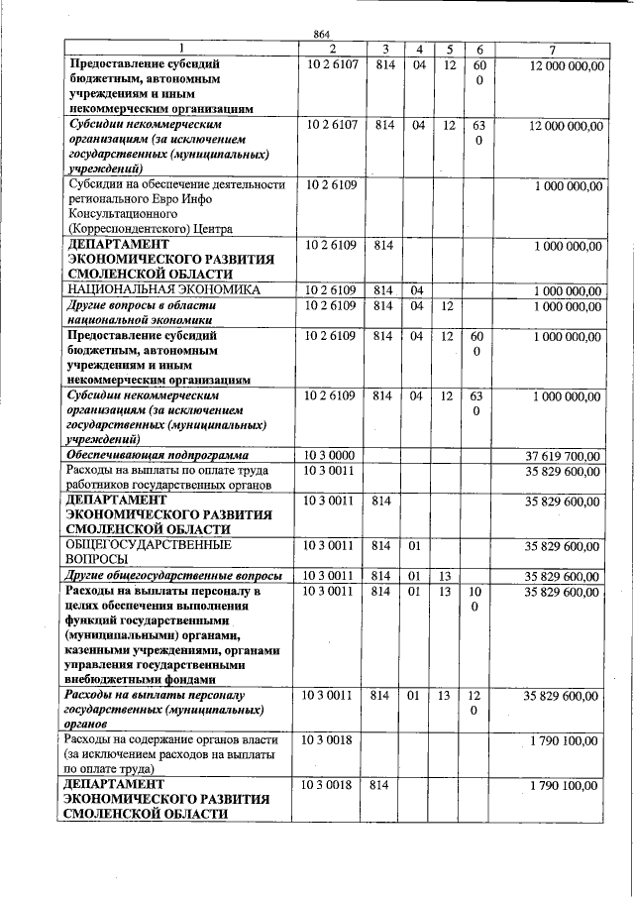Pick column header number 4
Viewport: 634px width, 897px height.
pos(419,49)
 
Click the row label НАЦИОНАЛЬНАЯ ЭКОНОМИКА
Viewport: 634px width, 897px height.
pos(163,290)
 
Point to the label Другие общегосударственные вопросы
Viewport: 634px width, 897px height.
pos(173,576)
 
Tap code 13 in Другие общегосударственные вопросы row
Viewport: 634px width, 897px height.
pos(446,576)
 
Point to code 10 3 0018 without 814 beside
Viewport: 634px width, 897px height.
pos(329,741)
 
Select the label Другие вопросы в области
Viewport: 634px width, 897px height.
pos(141,305)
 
